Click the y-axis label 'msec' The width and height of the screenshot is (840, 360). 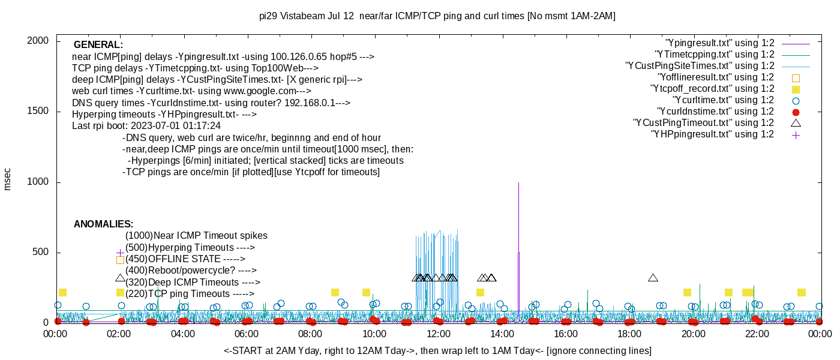8,179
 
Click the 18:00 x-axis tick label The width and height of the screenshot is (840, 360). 629,334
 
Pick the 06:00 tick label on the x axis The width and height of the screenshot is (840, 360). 247,334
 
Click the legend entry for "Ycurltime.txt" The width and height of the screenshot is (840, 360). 723,100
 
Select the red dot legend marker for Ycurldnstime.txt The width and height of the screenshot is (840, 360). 796,112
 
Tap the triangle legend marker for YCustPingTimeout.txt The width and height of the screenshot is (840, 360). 796,123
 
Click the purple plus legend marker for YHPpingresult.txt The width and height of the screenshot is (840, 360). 796,134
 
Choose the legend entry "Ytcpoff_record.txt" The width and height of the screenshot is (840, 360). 712,89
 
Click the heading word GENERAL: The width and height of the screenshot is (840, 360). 98,45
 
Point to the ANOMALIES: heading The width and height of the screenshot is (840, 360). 103,224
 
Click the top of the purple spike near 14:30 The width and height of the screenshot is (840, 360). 518,183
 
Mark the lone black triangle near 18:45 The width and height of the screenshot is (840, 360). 653,278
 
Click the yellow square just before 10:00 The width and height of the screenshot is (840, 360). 366,293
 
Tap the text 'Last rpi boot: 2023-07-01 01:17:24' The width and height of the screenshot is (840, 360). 146,126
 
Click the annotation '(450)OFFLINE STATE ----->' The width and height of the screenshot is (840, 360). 185,259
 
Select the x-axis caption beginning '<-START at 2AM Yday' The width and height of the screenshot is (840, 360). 437,350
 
